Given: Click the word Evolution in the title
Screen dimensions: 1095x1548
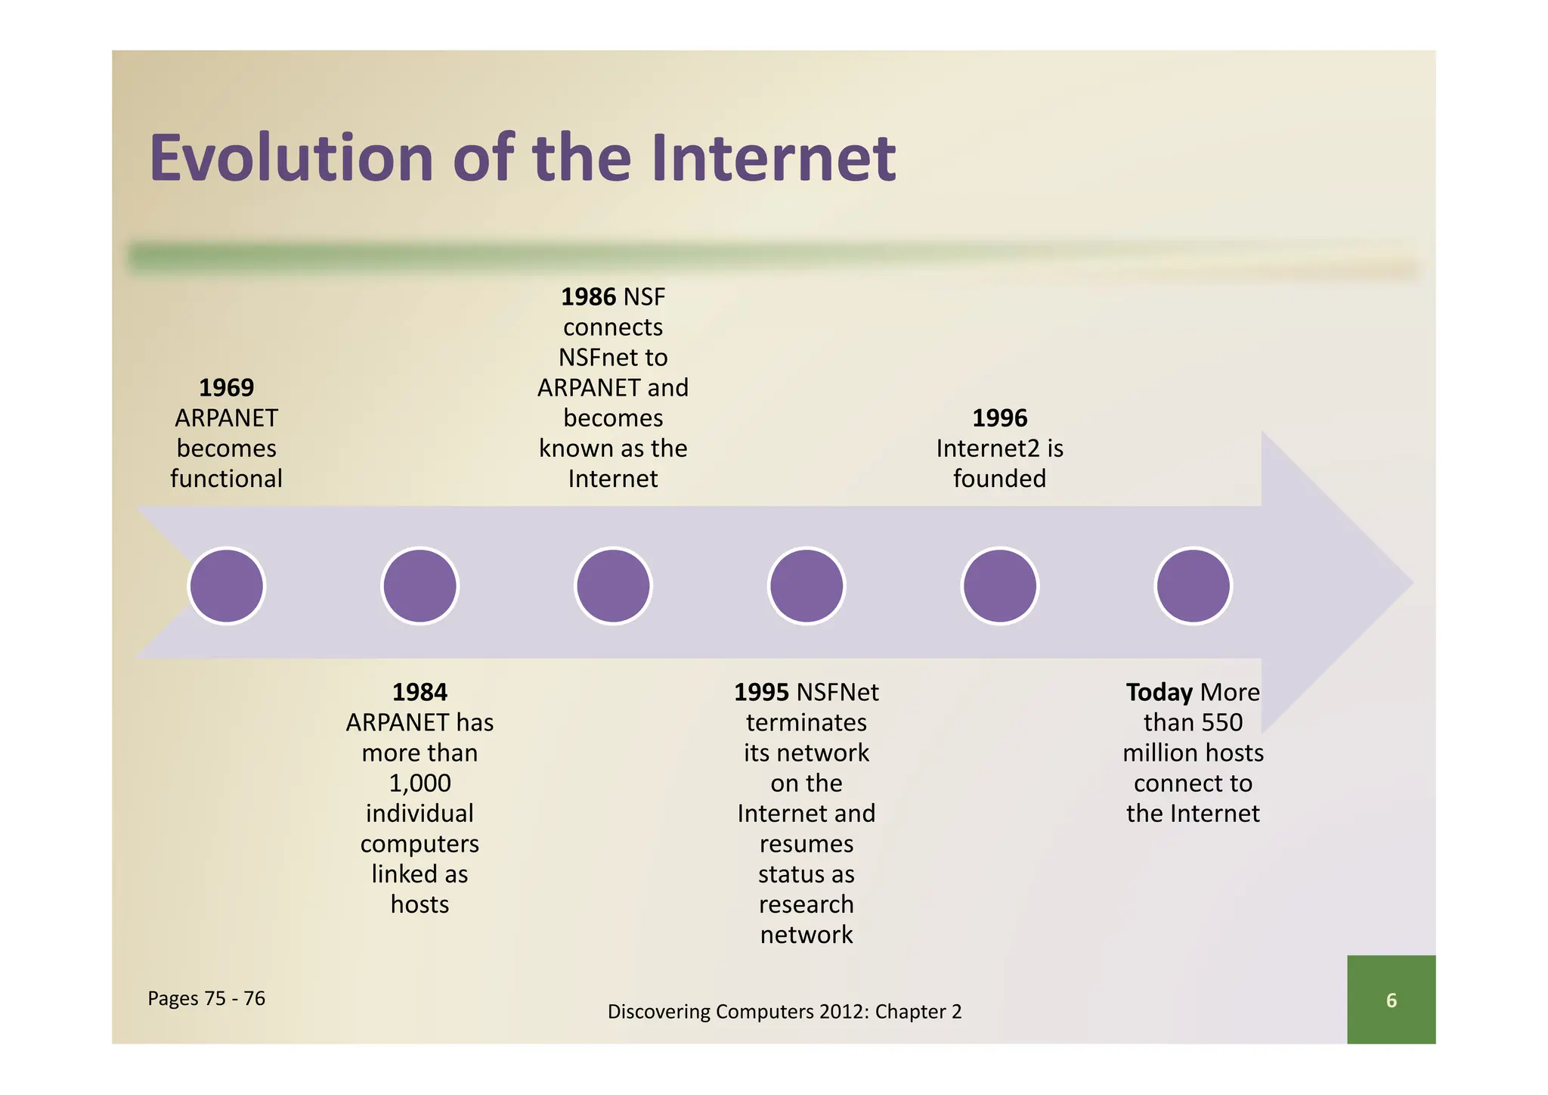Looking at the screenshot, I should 291,159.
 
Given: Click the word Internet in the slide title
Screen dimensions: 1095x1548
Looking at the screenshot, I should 773,159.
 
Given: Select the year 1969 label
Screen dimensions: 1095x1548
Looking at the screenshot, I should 226,388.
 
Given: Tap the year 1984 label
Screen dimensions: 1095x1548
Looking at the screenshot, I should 420,692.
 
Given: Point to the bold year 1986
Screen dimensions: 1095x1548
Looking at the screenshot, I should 588,297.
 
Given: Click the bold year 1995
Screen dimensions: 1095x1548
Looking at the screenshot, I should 761,692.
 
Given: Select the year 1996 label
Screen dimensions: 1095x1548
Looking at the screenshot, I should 999,418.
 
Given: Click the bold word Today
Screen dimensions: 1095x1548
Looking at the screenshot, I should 1159,692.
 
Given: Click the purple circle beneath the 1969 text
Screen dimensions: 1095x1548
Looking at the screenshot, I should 227,586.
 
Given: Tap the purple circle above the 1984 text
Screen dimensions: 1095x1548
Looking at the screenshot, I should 420,586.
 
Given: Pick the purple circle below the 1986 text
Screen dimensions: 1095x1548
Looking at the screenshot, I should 613,586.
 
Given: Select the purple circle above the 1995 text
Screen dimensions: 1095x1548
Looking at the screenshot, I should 807,586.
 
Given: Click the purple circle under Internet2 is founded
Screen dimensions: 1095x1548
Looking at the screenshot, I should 1000,586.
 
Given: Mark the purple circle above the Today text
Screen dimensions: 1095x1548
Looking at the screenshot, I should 1194,586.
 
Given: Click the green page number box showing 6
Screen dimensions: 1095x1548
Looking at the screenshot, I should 1391,1000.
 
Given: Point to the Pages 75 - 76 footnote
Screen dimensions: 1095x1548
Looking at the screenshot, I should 206,998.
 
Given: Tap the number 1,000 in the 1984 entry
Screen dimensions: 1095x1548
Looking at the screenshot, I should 420,783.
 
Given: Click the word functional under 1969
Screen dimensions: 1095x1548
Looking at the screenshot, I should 226,479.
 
